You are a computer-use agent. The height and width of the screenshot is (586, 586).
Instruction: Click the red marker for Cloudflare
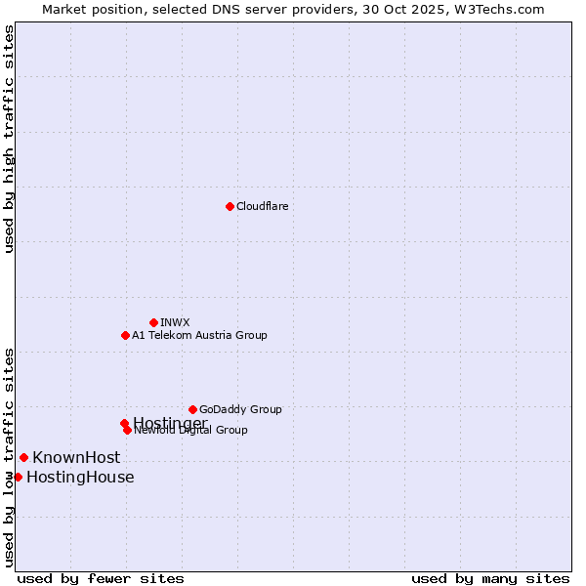coord(230,206)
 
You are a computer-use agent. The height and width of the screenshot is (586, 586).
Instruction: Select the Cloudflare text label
coord(262,206)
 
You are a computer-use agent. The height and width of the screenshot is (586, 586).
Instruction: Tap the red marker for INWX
coord(153,322)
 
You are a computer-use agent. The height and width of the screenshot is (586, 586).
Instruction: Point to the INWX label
coord(175,322)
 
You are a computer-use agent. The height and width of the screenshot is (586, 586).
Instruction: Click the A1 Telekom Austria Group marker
coord(125,335)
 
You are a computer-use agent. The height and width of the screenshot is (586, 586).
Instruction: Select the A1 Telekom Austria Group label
coord(199,335)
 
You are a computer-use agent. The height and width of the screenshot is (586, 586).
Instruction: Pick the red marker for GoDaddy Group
coord(192,409)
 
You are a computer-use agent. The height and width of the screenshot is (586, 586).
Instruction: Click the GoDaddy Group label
coord(240,409)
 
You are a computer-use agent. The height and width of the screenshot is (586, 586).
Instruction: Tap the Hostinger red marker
coord(124,423)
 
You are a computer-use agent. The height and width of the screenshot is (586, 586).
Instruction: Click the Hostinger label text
coord(170,422)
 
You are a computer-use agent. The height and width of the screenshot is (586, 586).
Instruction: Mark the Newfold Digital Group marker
coord(127,430)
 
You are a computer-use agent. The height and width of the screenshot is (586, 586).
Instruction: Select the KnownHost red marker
coord(23,457)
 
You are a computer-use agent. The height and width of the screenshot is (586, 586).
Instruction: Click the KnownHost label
coord(76,457)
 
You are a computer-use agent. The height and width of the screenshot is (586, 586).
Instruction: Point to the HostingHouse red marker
coord(18,477)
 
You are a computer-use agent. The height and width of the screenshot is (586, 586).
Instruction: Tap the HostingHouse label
coord(80,477)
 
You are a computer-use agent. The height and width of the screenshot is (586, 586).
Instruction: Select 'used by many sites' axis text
coord(490,578)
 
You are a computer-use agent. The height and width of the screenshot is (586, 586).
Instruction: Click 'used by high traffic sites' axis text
coord(9,139)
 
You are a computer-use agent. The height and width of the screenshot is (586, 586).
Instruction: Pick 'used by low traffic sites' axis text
coord(9,457)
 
